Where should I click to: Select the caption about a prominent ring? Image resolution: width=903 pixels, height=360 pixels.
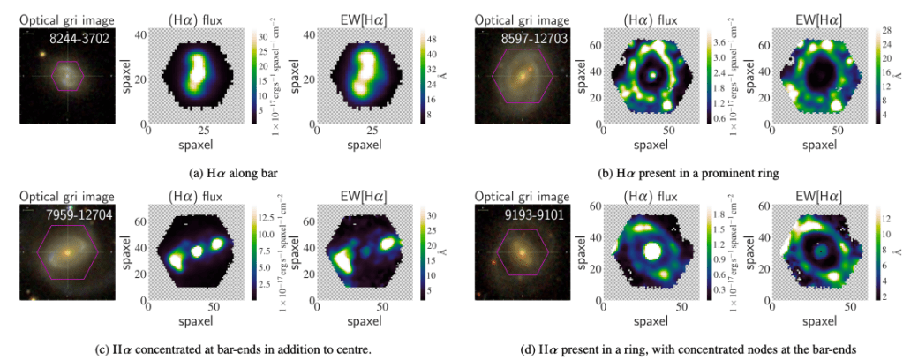click(x=675, y=173)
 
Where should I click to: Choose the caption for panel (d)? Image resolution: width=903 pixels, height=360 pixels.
click(x=675, y=349)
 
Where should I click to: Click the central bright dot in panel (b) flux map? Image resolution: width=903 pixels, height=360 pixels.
click(x=652, y=76)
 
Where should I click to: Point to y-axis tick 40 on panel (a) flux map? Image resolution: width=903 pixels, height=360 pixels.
click(x=140, y=34)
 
